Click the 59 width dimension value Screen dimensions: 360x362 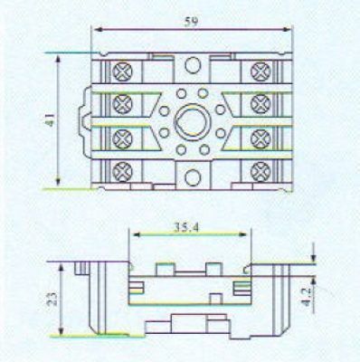click(192, 22)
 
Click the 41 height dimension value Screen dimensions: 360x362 click(51, 119)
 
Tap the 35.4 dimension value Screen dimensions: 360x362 click(186, 228)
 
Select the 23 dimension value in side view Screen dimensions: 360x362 click(52, 299)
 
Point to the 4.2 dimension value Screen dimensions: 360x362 click(306, 298)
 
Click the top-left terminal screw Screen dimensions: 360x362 click(122, 71)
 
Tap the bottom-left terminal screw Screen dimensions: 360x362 click(122, 171)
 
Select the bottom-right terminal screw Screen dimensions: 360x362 click(261, 171)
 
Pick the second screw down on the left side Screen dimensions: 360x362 click(122, 104)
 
